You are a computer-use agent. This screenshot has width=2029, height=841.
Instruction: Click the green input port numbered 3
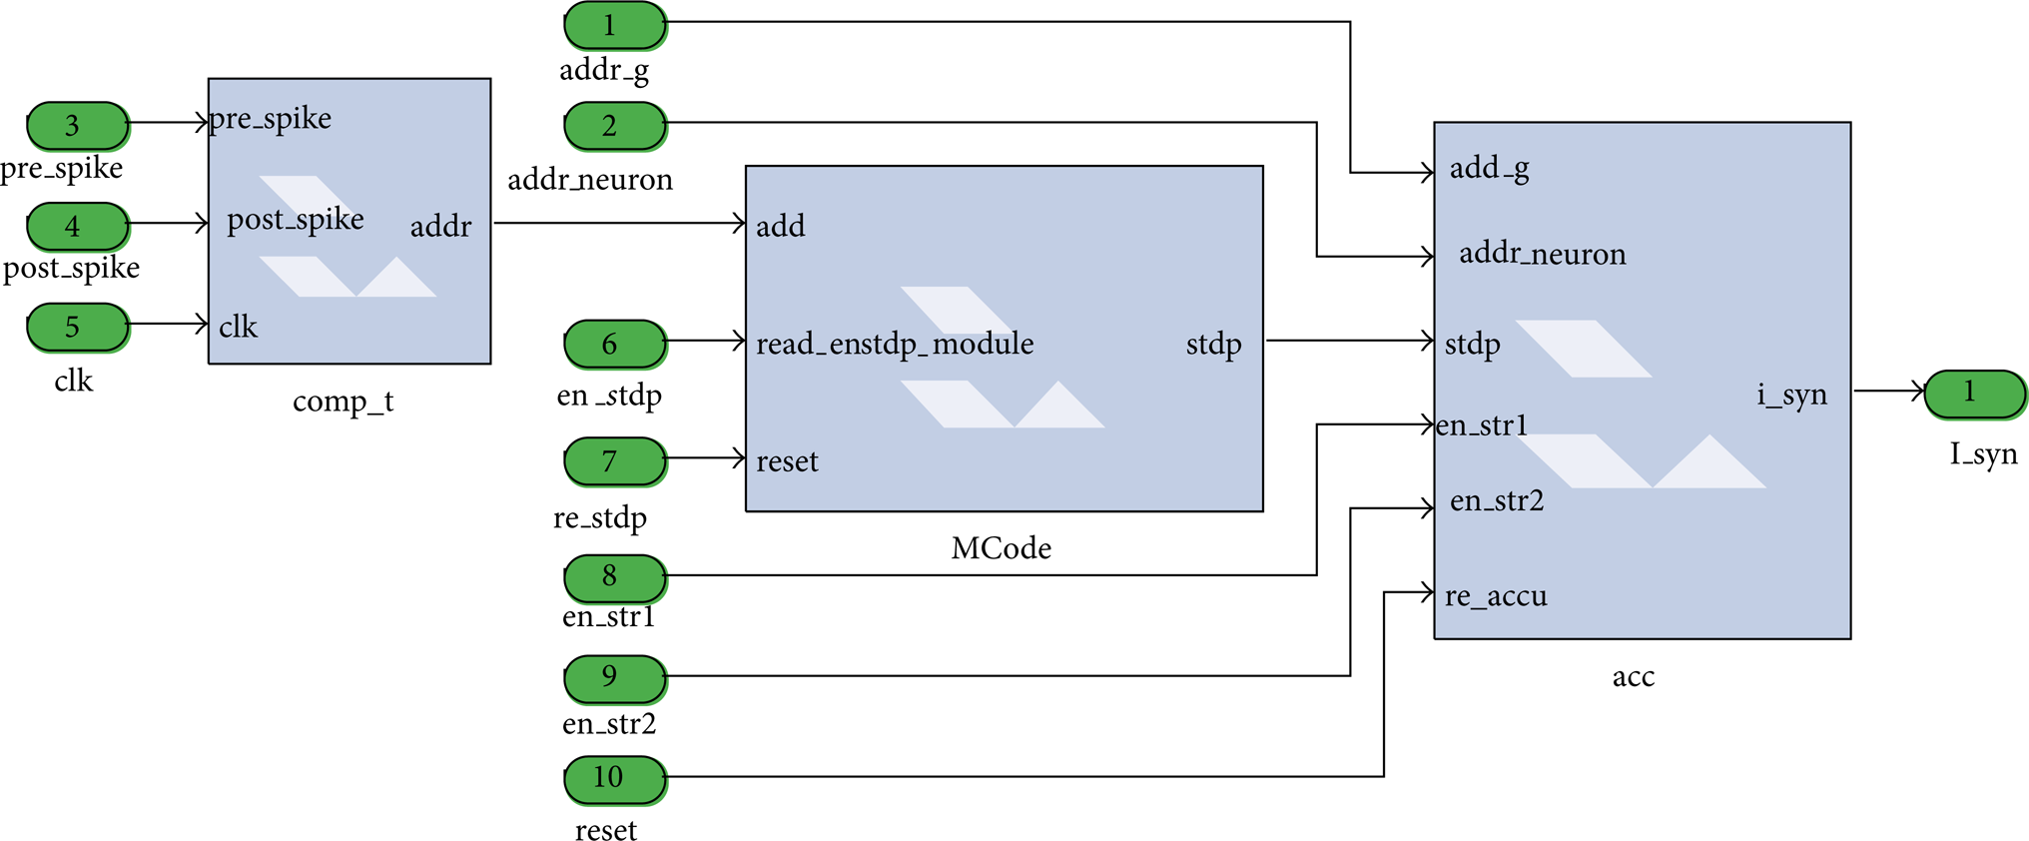(x=78, y=126)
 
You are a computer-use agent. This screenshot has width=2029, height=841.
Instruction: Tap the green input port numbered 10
(x=615, y=780)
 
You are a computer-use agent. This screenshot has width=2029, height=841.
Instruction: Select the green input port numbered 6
(x=615, y=345)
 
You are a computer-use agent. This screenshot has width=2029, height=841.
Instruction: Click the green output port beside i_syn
(x=1975, y=394)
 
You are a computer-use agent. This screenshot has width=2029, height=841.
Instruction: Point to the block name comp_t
(x=342, y=402)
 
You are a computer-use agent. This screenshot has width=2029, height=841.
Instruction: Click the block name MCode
(x=1001, y=548)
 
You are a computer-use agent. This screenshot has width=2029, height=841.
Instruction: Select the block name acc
(x=1634, y=677)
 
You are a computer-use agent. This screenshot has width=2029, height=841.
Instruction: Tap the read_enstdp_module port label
(x=895, y=344)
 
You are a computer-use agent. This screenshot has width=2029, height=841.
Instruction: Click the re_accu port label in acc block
(x=1496, y=596)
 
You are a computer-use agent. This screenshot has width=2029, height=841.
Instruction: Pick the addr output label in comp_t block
(x=440, y=226)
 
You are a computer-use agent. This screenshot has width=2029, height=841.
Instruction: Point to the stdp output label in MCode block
(x=1214, y=345)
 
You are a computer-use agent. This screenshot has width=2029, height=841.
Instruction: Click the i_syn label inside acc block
(x=1792, y=395)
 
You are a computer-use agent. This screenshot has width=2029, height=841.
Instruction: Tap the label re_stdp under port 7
(x=600, y=518)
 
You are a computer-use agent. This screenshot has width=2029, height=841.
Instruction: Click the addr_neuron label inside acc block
(x=1543, y=254)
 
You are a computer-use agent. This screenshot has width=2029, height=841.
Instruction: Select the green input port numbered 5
(x=78, y=328)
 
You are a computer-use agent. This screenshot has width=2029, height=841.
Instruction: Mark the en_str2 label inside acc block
(x=1497, y=500)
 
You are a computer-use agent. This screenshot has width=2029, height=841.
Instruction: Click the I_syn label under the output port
(x=1983, y=455)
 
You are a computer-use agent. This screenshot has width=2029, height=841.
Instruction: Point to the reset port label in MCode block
(x=787, y=461)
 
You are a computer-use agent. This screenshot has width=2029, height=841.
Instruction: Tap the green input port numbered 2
(x=615, y=126)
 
